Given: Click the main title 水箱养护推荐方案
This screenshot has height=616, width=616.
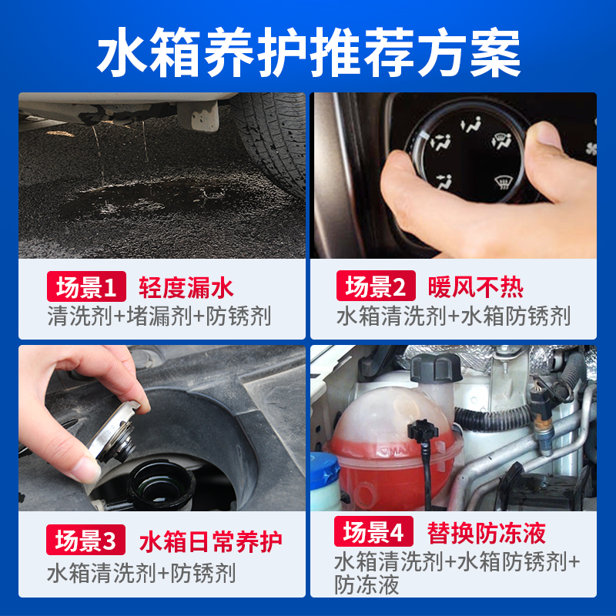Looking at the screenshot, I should (308, 52).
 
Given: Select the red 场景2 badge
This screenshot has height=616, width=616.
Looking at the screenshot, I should (376, 287).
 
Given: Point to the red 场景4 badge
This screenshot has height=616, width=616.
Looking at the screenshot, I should (373, 532).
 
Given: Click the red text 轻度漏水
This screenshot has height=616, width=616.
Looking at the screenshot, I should (186, 288).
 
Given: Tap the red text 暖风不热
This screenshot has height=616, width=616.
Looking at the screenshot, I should (476, 287).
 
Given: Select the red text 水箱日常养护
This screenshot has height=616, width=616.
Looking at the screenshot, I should (210, 541).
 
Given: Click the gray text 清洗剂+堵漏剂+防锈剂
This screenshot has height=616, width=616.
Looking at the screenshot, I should (158, 316).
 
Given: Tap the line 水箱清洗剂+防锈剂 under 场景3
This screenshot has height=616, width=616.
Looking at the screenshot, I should (141, 573).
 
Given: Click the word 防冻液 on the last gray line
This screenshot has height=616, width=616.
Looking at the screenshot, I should (367, 585).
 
